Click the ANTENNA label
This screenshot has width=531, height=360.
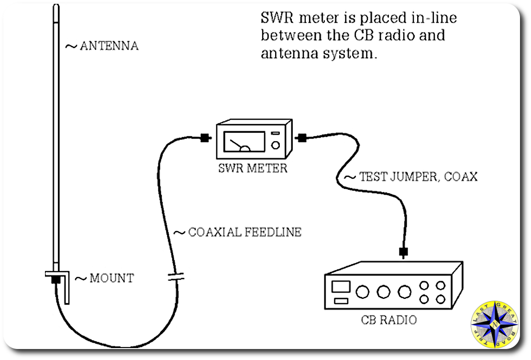coord(109,46)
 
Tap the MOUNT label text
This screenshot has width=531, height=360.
coord(111,278)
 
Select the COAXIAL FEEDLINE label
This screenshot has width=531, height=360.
coord(244,232)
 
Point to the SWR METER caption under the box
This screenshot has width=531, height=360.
coord(252,168)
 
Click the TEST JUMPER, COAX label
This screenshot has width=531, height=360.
coord(418,176)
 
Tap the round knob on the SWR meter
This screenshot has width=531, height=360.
coord(276,145)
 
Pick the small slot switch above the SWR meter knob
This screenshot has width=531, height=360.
coord(276,133)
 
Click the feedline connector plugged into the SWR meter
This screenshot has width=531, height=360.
coord(205,138)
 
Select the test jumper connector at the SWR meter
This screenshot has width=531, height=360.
coord(301,138)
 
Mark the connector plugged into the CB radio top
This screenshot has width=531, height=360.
coord(403,251)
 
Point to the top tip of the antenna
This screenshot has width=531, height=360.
coord(56,7)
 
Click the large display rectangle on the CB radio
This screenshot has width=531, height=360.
coord(341,286)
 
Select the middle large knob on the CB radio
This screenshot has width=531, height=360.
coord(383,291)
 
